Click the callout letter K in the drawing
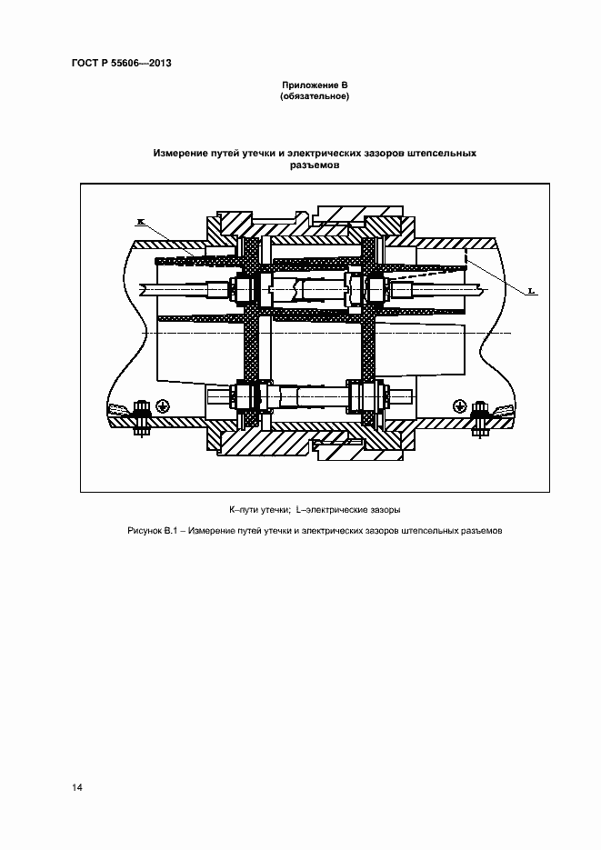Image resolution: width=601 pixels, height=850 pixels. [140, 221]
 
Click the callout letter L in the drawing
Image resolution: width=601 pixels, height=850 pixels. [532, 291]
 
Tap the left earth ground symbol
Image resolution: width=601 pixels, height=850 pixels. [162, 405]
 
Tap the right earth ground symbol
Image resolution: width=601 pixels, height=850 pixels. [459, 405]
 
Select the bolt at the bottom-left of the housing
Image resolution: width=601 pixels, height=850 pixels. [142, 418]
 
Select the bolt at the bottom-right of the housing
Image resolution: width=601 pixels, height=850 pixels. [479, 418]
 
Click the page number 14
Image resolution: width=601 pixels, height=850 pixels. [77, 787]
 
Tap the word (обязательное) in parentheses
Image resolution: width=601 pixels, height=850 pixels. [315, 96]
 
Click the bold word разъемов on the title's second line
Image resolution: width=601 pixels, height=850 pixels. [315, 165]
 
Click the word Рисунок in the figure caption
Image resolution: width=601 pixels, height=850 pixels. [143, 531]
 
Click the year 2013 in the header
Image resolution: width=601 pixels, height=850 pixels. [160, 63]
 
